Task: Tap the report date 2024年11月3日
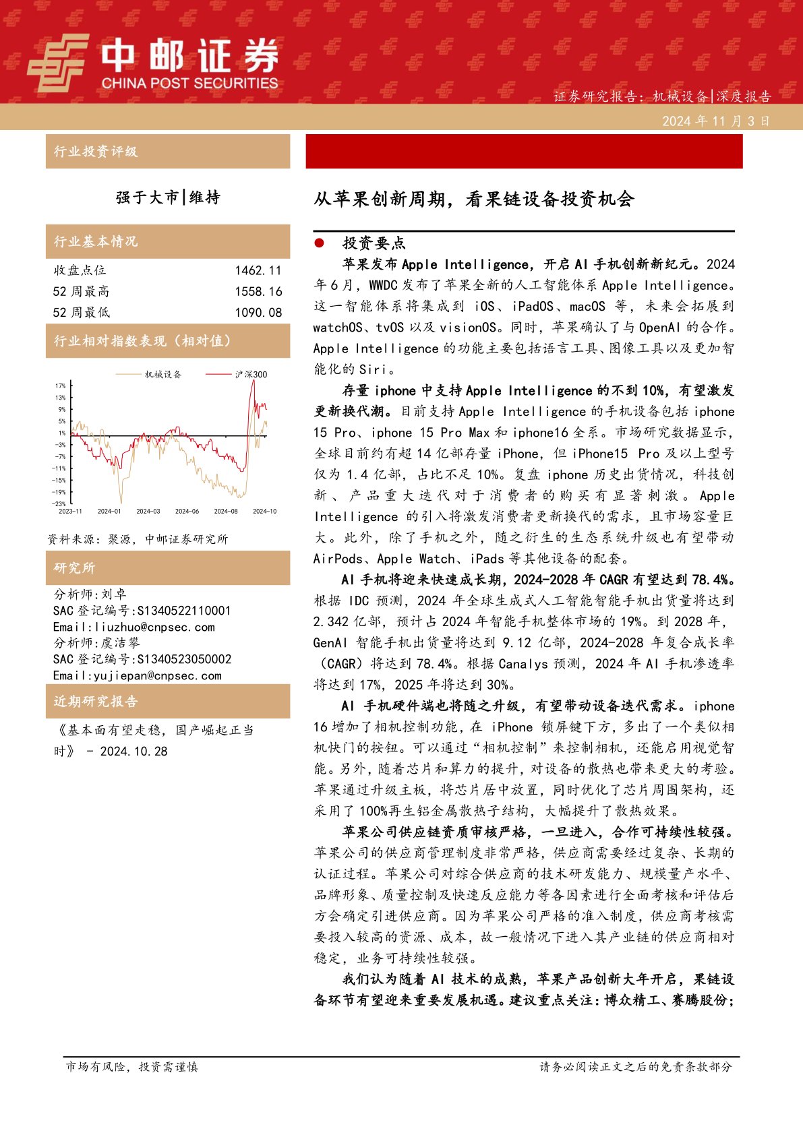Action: (715, 121)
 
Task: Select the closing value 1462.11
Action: (258, 271)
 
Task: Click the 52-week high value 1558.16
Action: (258, 292)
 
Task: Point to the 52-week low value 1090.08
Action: (258, 313)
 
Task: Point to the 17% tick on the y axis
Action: (61, 386)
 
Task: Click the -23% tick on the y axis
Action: (59, 503)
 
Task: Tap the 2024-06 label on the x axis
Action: (187, 512)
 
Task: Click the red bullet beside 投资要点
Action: (319, 243)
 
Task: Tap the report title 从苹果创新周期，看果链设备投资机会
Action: (473, 200)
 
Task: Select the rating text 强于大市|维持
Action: (168, 197)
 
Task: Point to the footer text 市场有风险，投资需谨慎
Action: (131, 1067)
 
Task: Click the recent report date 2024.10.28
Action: (133, 751)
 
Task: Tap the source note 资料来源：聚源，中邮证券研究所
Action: (138, 539)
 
